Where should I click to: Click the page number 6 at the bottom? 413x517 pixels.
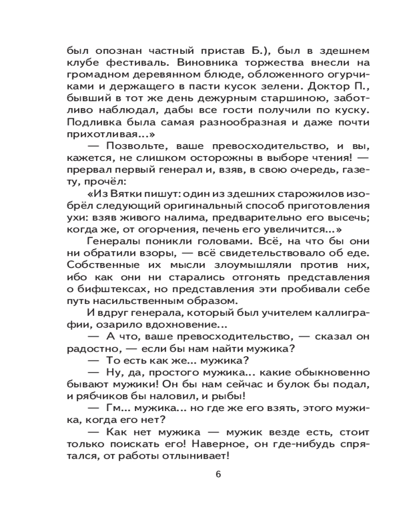(x=218, y=476)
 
